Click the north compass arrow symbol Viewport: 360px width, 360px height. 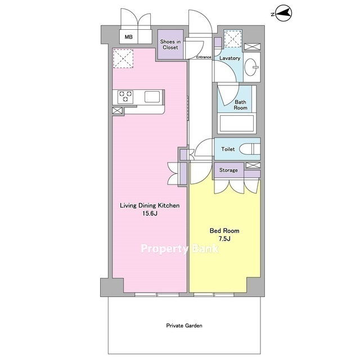click(x=283, y=13)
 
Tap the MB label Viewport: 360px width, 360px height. click(x=129, y=37)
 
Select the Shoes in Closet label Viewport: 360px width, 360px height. click(x=170, y=44)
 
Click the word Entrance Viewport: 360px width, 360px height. click(x=204, y=57)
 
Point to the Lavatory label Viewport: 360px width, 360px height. click(x=229, y=58)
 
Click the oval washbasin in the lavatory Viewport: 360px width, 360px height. click(x=251, y=67)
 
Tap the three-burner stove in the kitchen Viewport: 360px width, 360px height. click(x=125, y=97)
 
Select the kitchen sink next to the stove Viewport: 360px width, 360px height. click(x=152, y=97)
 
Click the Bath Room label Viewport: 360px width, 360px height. click(x=240, y=105)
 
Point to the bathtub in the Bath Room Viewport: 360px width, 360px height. click(x=236, y=123)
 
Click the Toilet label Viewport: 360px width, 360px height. click(x=228, y=149)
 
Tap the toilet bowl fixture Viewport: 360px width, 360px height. click(x=250, y=149)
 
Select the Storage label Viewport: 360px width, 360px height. click(x=228, y=170)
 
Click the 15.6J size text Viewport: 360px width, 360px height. click(x=150, y=214)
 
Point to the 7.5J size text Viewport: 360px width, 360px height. click(x=224, y=238)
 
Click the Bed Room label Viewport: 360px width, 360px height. click(x=224, y=231)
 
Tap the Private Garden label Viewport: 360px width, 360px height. click(x=184, y=326)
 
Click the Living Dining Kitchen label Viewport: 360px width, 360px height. click(x=150, y=205)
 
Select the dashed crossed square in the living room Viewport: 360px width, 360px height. click(x=123, y=58)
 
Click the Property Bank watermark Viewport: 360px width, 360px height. click(x=180, y=249)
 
